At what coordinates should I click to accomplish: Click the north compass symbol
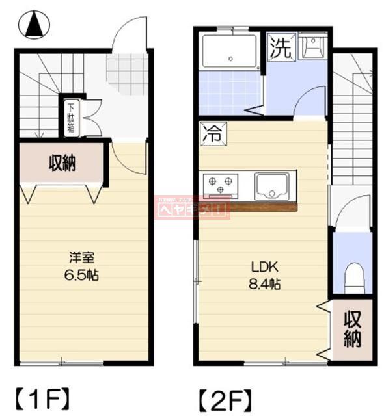(38, 27)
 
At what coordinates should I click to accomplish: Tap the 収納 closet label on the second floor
(352, 329)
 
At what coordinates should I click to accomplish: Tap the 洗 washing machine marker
(281, 49)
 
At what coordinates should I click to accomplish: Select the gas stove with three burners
(219, 184)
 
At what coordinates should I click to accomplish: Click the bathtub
(231, 52)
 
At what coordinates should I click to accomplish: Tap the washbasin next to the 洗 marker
(314, 48)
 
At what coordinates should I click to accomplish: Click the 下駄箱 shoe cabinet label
(70, 118)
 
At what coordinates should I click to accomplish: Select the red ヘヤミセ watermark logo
(191, 207)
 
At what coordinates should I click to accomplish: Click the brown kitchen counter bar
(260, 207)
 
